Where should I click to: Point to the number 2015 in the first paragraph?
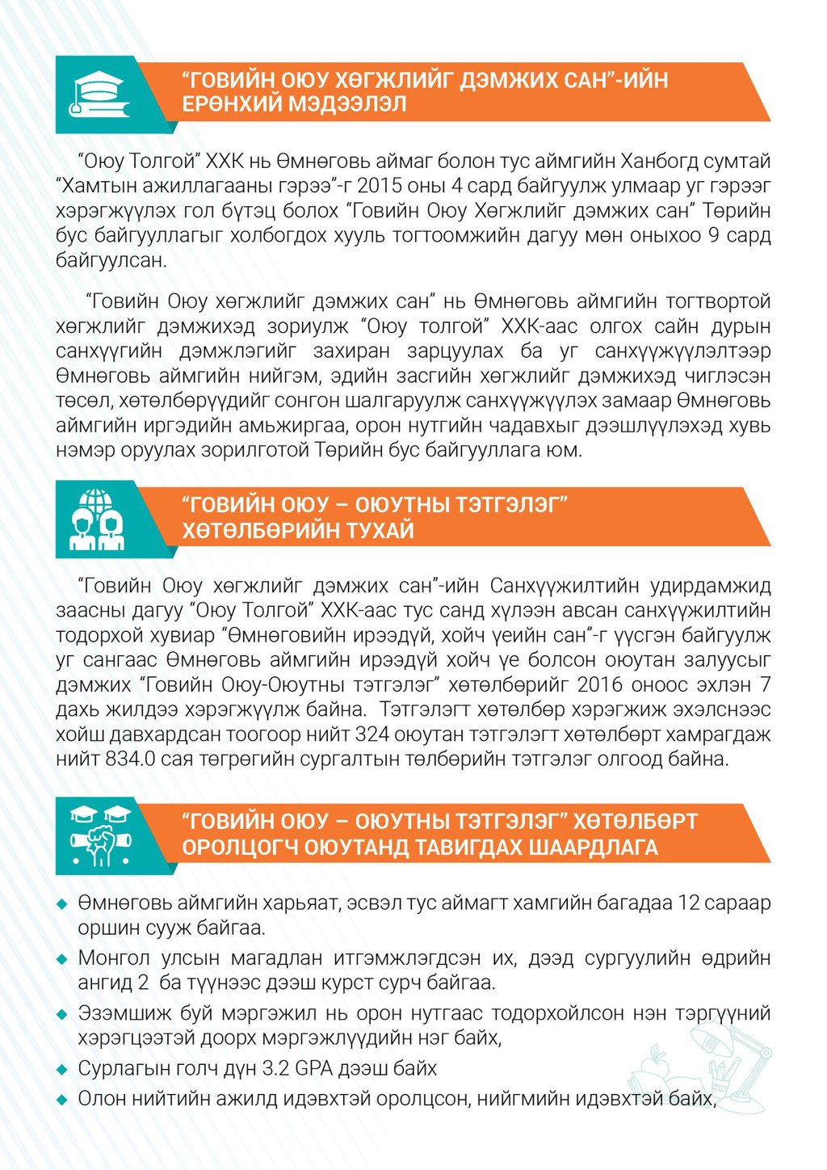tap(378, 186)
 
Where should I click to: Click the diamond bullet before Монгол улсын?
tap(62, 959)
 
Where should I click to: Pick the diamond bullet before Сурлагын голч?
tap(62, 1069)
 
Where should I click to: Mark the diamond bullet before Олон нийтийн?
tap(62, 1099)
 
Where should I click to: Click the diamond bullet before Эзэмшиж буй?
tap(62, 1014)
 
